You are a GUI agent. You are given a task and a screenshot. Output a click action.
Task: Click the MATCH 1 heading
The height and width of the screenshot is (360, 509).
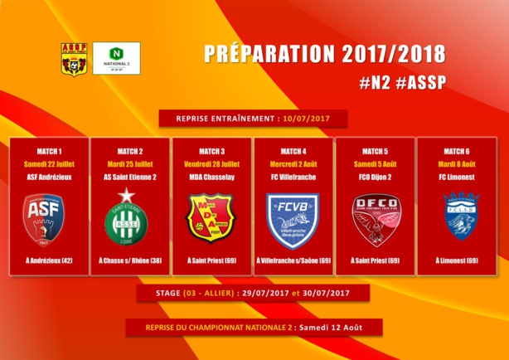[x=49, y=151]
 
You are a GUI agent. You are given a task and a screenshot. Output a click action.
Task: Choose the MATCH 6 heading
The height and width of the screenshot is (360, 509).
[x=456, y=151]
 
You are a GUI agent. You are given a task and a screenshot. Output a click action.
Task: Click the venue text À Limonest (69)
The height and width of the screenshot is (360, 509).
[x=456, y=260]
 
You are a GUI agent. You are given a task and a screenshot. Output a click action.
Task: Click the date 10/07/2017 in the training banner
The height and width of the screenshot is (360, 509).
[x=306, y=119]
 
